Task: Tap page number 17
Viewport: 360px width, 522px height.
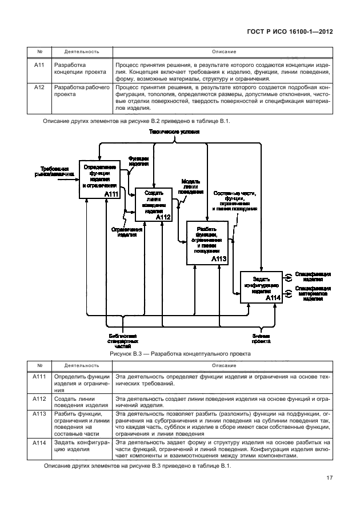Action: [330, 478]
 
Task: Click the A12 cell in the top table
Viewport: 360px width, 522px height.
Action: [39, 87]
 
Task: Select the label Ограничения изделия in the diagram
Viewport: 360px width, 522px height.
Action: [123, 230]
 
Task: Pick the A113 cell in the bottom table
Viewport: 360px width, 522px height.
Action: [39, 413]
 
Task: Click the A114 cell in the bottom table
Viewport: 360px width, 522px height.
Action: [39, 443]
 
